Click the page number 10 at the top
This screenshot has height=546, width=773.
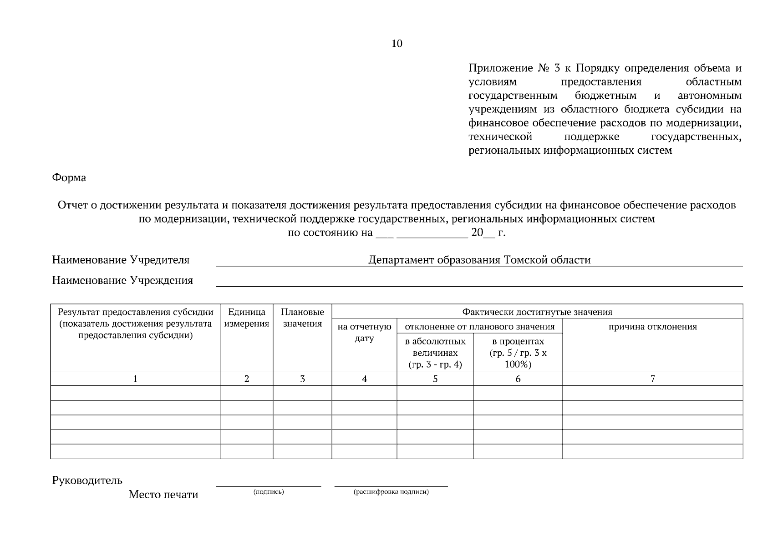coord(397,44)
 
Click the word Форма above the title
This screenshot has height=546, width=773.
coord(69,178)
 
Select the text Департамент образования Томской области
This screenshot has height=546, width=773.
coord(479,260)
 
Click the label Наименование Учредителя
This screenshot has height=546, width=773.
coord(121,260)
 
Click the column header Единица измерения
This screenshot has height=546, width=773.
coord(246,318)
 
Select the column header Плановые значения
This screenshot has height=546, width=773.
coord(302,318)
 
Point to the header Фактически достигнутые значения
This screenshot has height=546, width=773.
coord(537,312)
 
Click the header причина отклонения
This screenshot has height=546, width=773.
coord(652,327)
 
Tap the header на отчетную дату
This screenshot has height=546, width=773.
coord(364,333)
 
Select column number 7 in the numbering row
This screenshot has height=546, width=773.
coord(652,379)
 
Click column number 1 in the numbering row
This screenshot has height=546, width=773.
coord(135,379)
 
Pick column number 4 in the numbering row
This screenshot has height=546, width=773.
coord(364,379)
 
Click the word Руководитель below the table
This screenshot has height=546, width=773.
coord(87,480)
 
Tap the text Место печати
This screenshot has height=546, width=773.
coord(163,495)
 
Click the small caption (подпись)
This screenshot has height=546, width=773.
coord(269,492)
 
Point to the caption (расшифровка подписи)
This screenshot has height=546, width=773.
coord(391,492)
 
